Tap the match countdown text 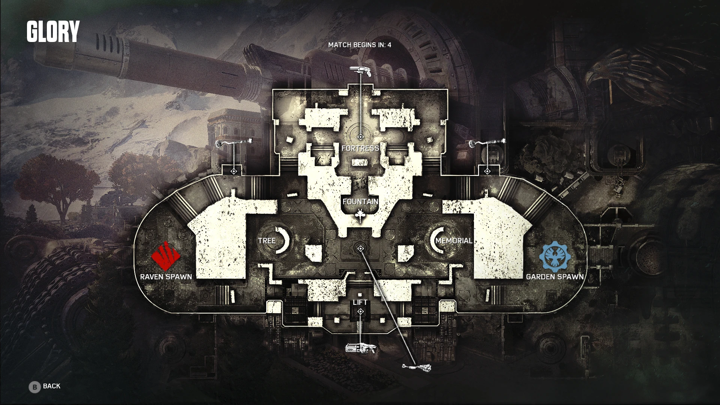click(x=359, y=45)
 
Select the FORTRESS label click(x=360, y=148)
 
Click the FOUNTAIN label click(x=360, y=201)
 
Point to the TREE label click(x=267, y=240)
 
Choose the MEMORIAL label click(x=453, y=240)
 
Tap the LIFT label click(x=360, y=302)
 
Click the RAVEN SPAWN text click(x=166, y=277)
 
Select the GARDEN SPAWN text click(x=555, y=277)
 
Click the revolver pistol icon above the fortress click(x=360, y=71)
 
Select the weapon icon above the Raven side click(x=234, y=142)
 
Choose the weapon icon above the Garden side click(x=487, y=142)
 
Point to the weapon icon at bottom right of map click(x=417, y=367)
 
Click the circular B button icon click(x=34, y=387)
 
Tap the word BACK click(x=52, y=386)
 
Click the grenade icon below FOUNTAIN click(x=360, y=215)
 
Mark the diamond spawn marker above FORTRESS click(x=360, y=137)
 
